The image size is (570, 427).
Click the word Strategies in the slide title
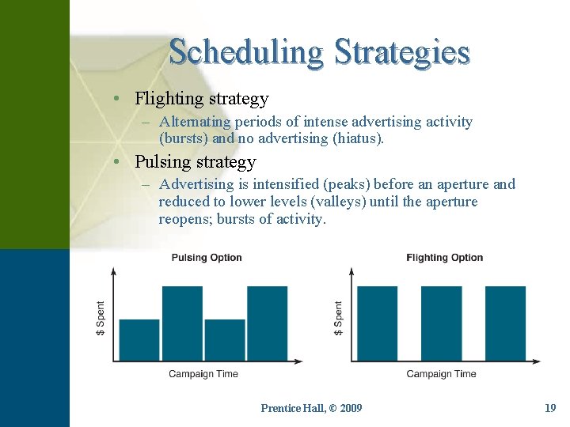pyautogui.click(x=402, y=52)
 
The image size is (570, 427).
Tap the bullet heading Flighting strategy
pyautogui.click(x=201, y=99)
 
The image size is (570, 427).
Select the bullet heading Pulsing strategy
pyautogui.click(x=195, y=162)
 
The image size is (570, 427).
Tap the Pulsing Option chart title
pyautogui.click(x=207, y=258)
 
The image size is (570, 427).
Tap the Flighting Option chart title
pyautogui.click(x=444, y=258)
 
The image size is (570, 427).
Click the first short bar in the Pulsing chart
pyautogui.click(x=139, y=340)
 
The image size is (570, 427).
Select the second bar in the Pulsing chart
pyautogui.click(x=182, y=323)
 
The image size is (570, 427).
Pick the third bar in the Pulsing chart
pyautogui.click(x=225, y=340)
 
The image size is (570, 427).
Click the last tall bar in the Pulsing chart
pyautogui.click(x=268, y=323)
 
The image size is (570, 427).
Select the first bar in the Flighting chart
pyautogui.click(x=378, y=323)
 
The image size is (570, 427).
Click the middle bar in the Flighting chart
pyautogui.click(x=441, y=323)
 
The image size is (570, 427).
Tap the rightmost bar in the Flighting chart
pyautogui.click(x=505, y=323)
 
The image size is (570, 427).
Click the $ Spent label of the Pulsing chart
pyautogui.click(x=101, y=318)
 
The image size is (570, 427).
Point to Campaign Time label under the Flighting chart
pyautogui.click(x=441, y=374)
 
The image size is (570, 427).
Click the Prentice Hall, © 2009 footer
pyautogui.click(x=311, y=408)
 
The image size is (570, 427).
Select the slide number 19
pyautogui.click(x=550, y=408)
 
